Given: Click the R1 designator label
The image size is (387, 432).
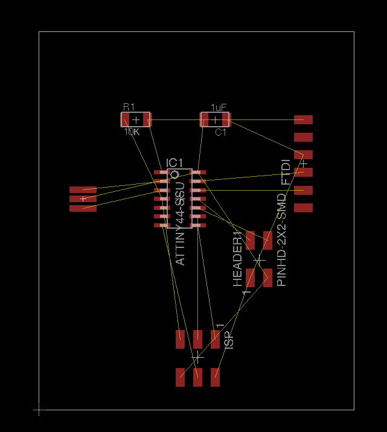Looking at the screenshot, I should (x=129, y=107).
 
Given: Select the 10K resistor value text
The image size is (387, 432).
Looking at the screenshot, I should (x=131, y=132).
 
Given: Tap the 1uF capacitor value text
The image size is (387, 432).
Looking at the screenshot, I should (x=219, y=107).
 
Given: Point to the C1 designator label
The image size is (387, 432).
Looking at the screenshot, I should (x=220, y=132).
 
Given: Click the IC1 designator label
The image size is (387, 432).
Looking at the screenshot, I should (x=174, y=163).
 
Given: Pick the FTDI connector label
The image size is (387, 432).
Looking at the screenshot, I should (x=286, y=172).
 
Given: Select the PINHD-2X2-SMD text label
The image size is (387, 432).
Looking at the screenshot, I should (x=281, y=240).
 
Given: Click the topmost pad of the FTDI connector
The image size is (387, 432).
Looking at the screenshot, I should (x=303, y=120).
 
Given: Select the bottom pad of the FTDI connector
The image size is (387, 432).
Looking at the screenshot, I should (x=303, y=208).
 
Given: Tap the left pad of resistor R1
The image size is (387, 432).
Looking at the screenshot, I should (x=126, y=119).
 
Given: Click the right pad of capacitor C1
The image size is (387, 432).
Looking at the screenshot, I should (x=225, y=119).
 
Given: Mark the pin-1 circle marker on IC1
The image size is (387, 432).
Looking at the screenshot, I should (x=174, y=175).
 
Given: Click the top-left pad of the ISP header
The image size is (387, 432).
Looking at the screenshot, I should (x=180, y=339).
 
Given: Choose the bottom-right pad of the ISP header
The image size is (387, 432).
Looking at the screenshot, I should (x=215, y=377).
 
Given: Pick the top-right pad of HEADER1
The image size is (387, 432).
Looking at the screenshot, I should (x=267, y=240).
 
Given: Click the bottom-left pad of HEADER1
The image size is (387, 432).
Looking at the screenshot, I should (x=251, y=278).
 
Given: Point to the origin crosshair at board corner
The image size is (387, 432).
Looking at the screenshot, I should (x=39, y=410).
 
